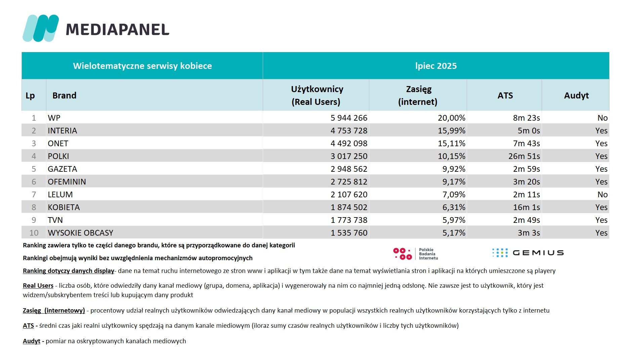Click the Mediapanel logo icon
[x=41, y=28]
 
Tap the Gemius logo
[x=528, y=253]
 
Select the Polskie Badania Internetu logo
[x=416, y=254]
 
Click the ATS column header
[x=505, y=95]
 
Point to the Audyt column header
[x=576, y=96]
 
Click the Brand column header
[x=64, y=95]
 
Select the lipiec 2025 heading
[x=436, y=66]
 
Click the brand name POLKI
[x=58, y=156]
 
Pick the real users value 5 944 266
[x=349, y=118]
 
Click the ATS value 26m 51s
[x=524, y=156]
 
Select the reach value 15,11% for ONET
[x=452, y=144]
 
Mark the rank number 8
[x=34, y=207]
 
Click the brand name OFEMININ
[x=67, y=182]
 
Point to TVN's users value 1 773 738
[x=349, y=220]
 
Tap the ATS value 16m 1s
[x=527, y=207]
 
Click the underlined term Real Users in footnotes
[x=38, y=286]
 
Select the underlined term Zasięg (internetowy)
[x=54, y=311]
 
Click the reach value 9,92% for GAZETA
[x=454, y=169]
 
